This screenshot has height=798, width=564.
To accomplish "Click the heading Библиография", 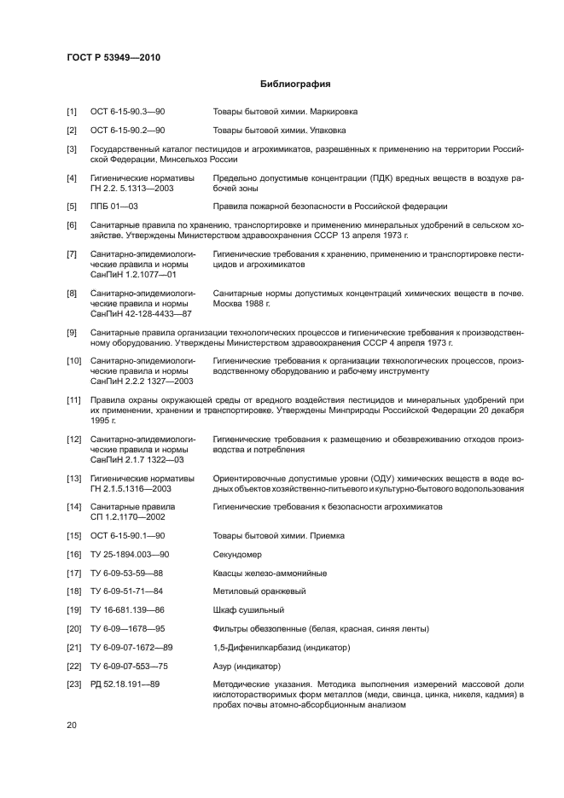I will (294, 84).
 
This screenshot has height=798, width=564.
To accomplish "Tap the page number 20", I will (73, 725).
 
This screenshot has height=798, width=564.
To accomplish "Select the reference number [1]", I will (73, 112).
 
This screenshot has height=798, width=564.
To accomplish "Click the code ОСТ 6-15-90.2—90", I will (127, 131).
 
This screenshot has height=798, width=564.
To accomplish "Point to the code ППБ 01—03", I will (114, 207).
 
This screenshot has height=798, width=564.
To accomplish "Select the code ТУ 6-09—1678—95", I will (128, 629).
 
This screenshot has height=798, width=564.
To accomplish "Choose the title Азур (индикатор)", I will (247, 667).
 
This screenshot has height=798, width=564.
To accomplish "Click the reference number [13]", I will (74, 478).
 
